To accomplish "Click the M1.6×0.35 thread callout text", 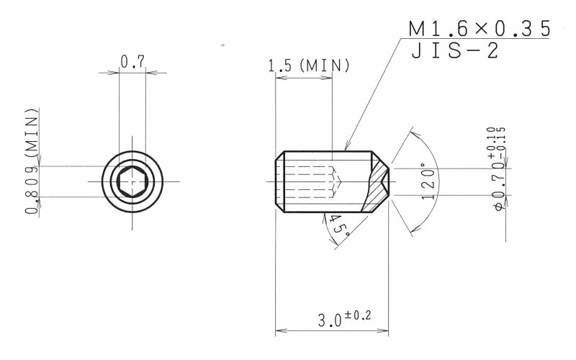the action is [x=480, y=29].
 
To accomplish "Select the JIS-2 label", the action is [x=455, y=50].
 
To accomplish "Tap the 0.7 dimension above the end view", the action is [x=132, y=62].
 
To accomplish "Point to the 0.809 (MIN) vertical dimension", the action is [x=32, y=161].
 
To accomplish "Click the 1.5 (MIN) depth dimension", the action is [x=309, y=66].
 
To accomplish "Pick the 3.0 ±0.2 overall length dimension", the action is [x=344, y=318].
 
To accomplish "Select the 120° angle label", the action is [x=428, y=181].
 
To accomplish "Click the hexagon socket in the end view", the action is [x=132, y=181].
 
